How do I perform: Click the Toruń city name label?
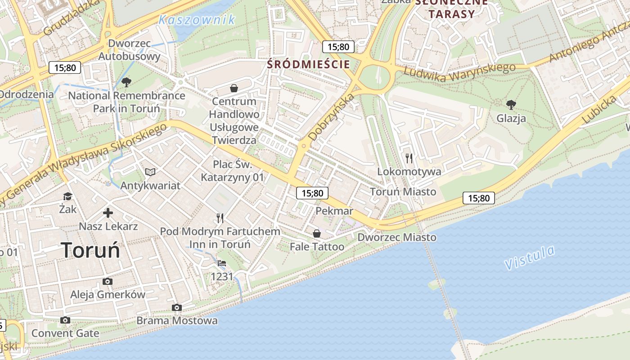(90, 250)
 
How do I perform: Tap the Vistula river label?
(530, 258)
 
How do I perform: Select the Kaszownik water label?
(197, 20)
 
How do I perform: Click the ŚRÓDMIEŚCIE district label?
(308, 64)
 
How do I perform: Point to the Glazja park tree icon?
(511, 105)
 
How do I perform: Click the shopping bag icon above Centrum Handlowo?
(234, 88)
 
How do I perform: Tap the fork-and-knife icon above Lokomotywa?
(409, 158)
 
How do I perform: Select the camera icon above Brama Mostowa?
(177, 307)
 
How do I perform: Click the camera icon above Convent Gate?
(65, 320)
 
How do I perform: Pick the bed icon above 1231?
(222, 263)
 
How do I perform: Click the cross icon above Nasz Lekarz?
(108, 212)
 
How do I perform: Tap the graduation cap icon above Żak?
(67, 196)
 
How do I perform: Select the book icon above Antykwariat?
(150, 172)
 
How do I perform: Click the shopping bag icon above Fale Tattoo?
(317, 233)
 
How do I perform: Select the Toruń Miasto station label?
(403, 192)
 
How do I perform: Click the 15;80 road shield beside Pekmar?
(312, 193)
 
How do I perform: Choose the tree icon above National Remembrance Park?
(126, 82)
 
